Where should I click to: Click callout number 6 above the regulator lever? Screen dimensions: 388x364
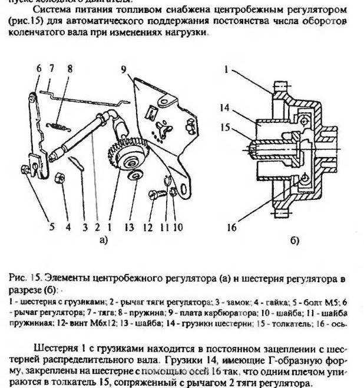point(39,69)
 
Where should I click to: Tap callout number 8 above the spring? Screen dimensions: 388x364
point(70,69)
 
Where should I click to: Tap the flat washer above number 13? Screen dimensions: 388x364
point(135,176)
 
